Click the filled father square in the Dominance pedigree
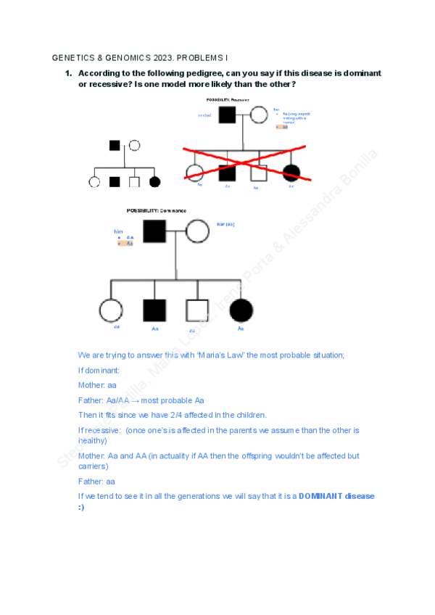(x=154, y=231)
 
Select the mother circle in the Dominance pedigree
(x=197, y=231)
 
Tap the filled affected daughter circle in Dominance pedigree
(x=241, y=310)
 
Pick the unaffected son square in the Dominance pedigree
(x=196, y=310)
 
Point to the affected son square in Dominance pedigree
(x=154, y=310)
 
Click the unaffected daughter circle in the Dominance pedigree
(x=111, y=310)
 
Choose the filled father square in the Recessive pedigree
(x=227, y=115)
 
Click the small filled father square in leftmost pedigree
(x=115, y=145)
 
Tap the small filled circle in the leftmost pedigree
(x=154, y=182)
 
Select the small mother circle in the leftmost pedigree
(x=134, y=145)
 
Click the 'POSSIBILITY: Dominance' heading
(x=156, y=210)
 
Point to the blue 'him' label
(x=119, y=231)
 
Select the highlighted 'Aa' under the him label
(x=129, y=244)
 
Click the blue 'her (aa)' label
(x=225, y=224)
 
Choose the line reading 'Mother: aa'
(x=97, y=385)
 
